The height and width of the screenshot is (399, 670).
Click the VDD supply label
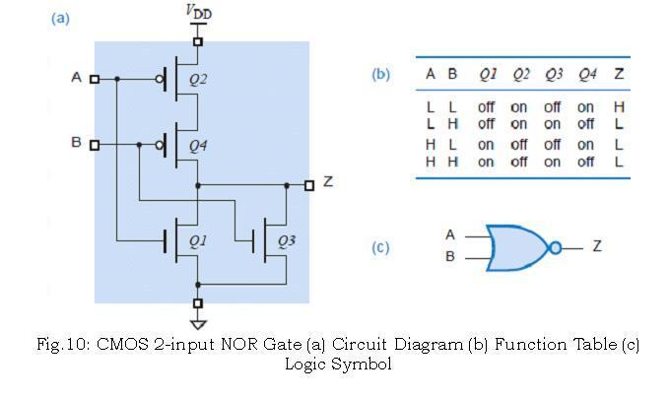(198, 12)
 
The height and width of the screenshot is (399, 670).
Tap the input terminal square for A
(95, 79)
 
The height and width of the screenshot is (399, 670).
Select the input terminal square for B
(95, 145)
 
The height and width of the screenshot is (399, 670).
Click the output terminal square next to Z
(308, 184)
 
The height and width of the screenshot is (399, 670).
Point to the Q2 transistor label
(198, 79)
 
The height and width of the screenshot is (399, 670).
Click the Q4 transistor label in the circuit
(198, 146)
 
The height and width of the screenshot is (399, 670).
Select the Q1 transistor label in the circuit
(198, 239)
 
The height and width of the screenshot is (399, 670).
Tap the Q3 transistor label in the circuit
(286, 239)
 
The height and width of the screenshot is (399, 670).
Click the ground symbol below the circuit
(198, 323)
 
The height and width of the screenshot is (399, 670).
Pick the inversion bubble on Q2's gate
(160, 79)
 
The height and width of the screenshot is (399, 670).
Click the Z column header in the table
(618, 74)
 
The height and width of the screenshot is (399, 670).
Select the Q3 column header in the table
(553, 74)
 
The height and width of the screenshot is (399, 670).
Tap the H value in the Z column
(618, 106)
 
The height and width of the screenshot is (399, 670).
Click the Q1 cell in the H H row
(486, 162)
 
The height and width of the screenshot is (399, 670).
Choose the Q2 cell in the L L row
(519, 106)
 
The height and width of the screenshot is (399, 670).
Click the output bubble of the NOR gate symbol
(555, 247)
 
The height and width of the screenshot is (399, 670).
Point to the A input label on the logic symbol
(450, 235)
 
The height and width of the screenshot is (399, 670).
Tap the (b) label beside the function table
(380, 74)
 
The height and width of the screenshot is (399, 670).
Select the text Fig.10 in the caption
(61, 345)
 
